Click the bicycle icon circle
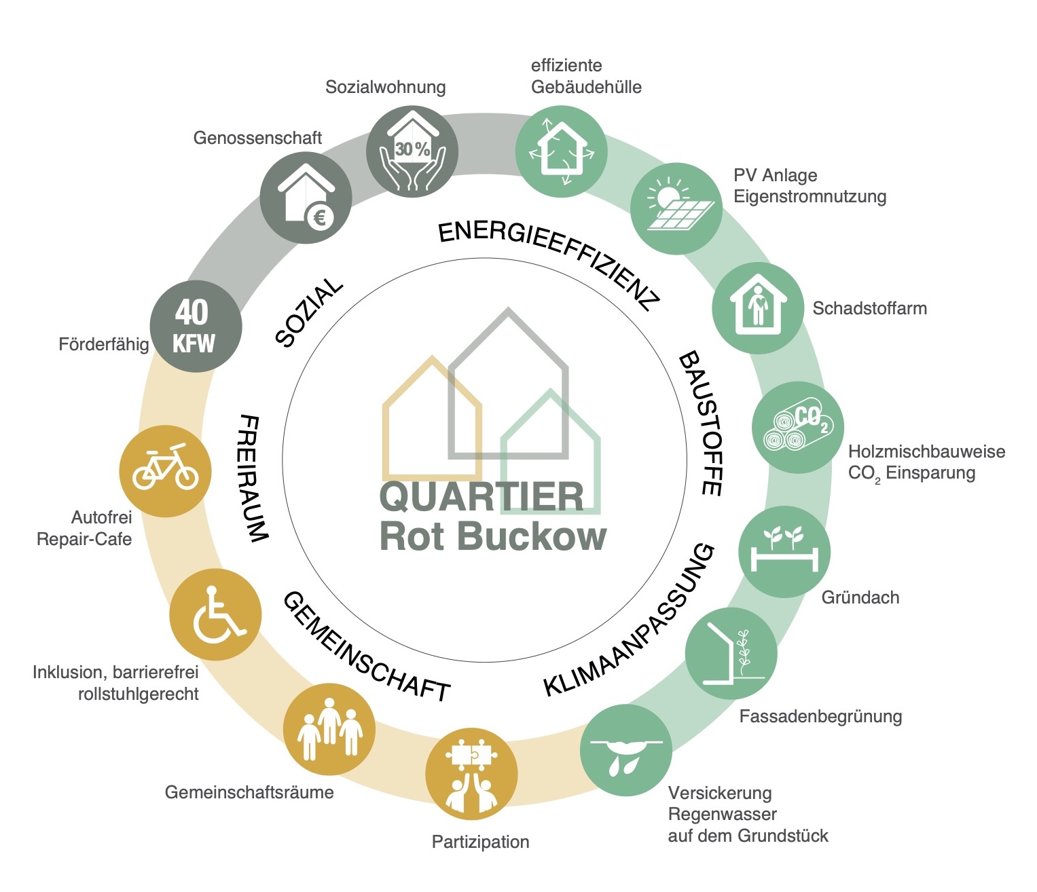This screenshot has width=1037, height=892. point(165,471)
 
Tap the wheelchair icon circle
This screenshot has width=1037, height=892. point(215,614)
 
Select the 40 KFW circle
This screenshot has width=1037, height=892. point(196,327)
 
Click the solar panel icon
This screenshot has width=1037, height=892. point(676,208)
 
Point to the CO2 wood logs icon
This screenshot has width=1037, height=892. point(798,428)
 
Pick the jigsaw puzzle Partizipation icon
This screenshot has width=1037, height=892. point(471,774)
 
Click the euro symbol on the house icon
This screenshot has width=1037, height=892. point(319,217)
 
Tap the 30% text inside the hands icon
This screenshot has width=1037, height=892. point(412,149)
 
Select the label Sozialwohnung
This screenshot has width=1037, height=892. point(385,87)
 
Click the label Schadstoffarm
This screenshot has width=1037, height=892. point(869,308)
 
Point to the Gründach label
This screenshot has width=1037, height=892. point(860,597)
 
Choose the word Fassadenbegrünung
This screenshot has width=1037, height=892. point(820,716)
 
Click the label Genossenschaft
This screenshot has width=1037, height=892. point(257,138)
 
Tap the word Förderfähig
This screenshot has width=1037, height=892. point(103,344)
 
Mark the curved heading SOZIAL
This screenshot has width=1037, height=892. point(309,313)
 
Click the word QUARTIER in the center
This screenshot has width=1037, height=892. point(481,498)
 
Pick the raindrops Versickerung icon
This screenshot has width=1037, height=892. point(625,751)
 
